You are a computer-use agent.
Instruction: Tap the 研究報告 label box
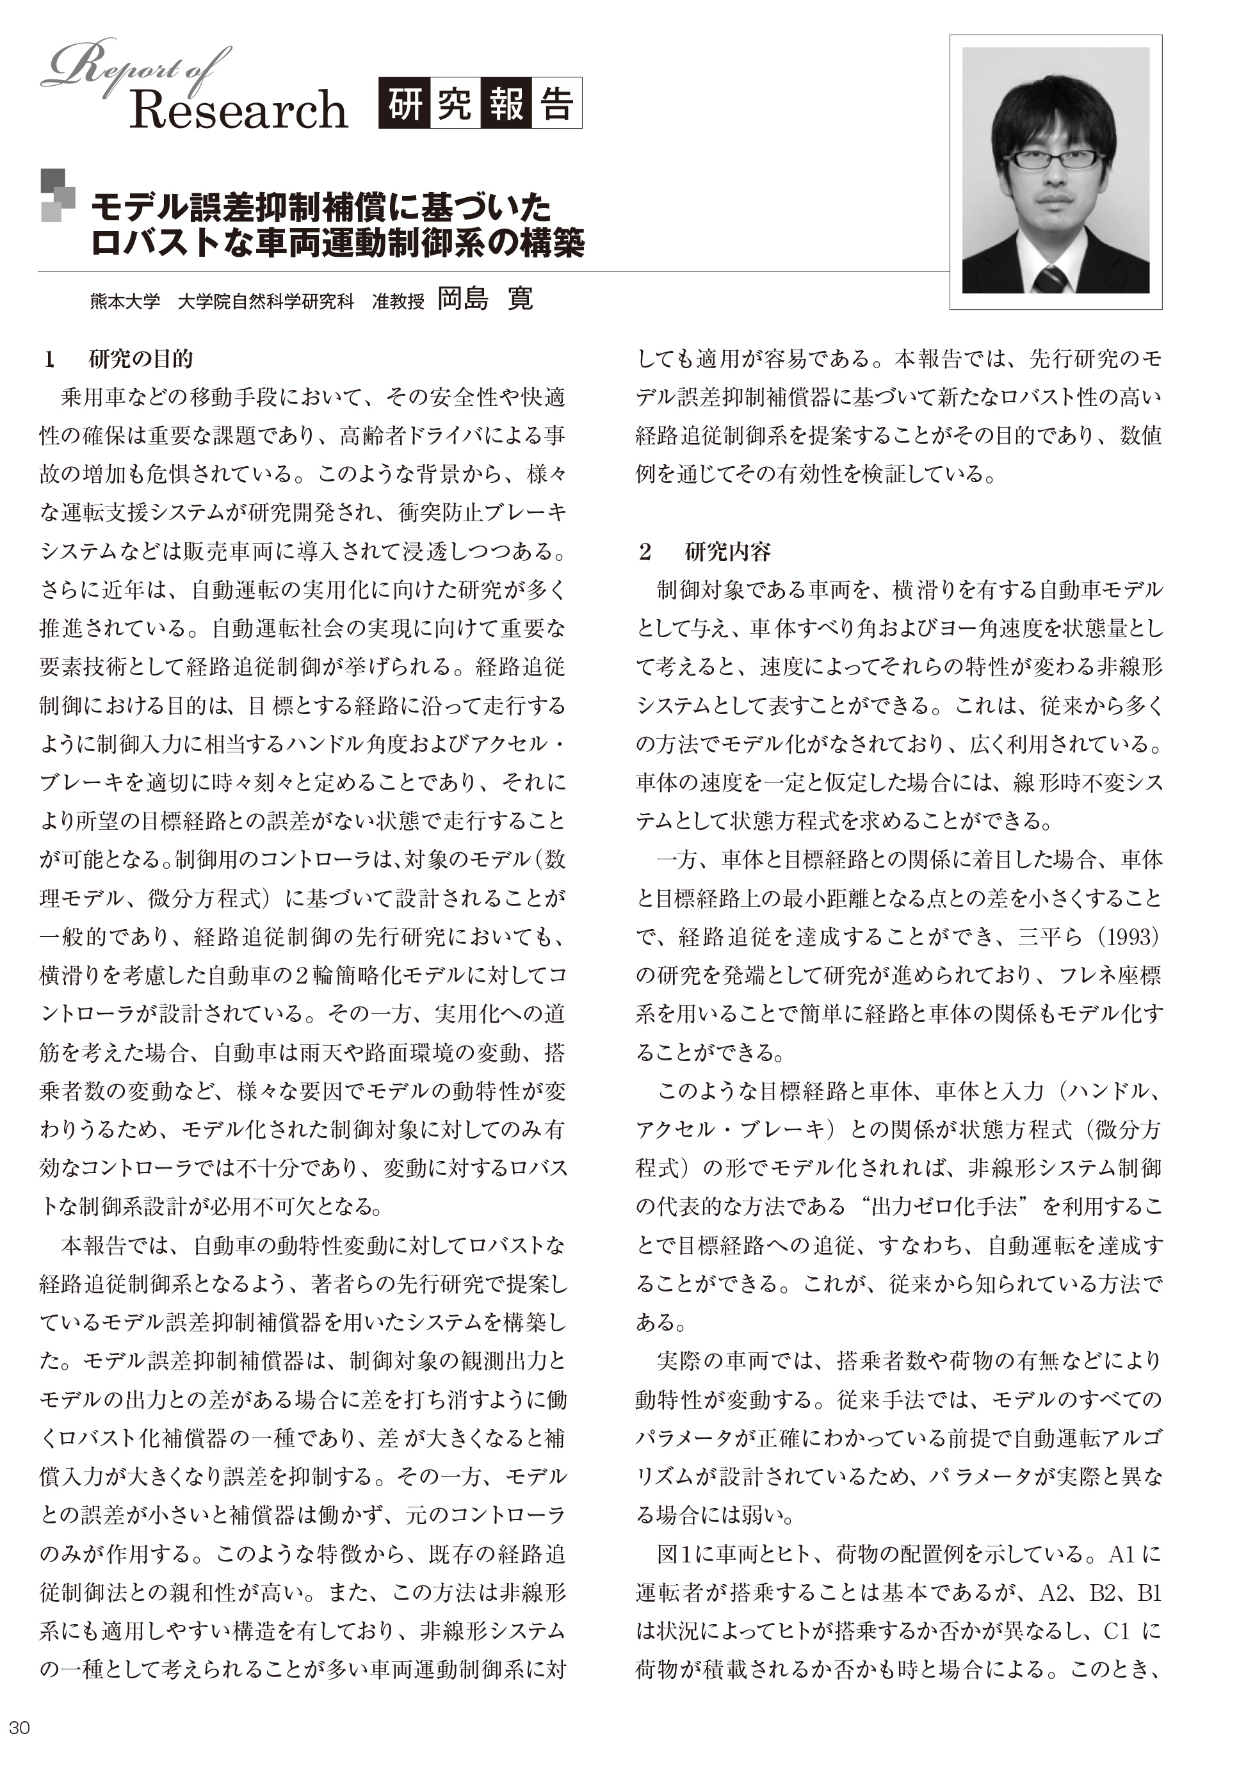[480, 104]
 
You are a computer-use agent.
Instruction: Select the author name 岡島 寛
[485, 299]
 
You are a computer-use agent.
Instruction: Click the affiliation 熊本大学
[124, 302]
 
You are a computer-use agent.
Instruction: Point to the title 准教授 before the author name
[398, 302]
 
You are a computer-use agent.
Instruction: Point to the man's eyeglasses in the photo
[1054, 159]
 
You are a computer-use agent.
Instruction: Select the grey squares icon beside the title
[57, 195]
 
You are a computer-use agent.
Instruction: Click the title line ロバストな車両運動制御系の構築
[337, 243]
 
